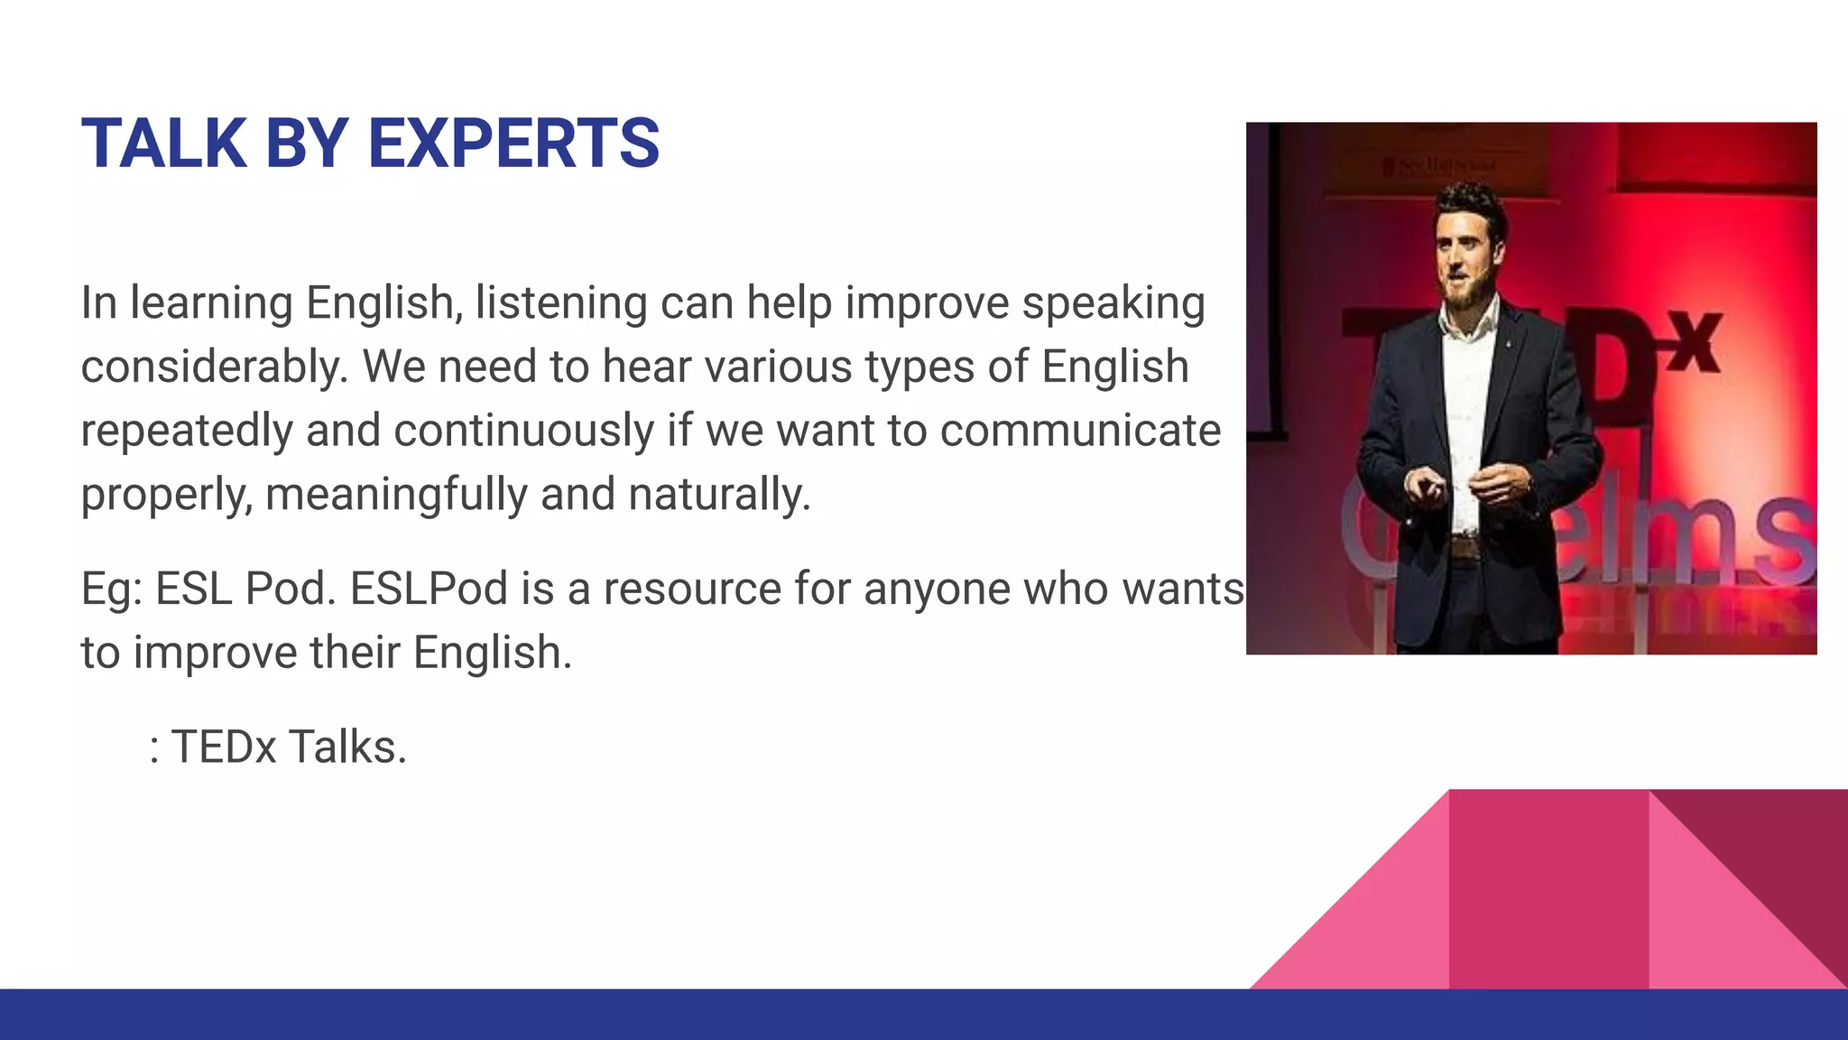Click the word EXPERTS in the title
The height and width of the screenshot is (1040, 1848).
[x=513, y=144]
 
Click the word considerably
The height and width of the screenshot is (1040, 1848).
[x=214, y=367]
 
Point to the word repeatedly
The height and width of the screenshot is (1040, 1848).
[x=187, y=431]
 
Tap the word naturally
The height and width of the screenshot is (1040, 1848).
[x=719, y=495]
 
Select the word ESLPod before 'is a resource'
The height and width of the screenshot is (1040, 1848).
[x=429, y=589]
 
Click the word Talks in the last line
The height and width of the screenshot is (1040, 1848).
[x=347, y=747]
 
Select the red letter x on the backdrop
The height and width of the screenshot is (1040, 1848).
[x=1695, y=343]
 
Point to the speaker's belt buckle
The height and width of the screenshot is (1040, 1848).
[x=1465, y=547]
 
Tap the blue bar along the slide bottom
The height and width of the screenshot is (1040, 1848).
[x=632, y=1015]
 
